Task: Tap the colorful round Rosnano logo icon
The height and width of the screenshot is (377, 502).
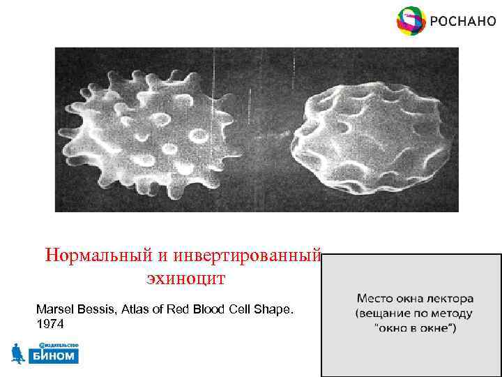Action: click(410, 21)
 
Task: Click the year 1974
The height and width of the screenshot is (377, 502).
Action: click(50, 325)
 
